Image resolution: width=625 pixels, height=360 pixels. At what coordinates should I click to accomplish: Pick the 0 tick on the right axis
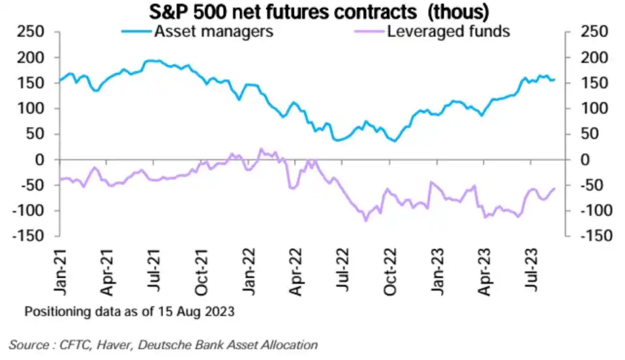click(577, 160)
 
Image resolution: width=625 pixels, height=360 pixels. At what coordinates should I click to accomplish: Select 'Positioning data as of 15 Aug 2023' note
click(129, 312)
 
